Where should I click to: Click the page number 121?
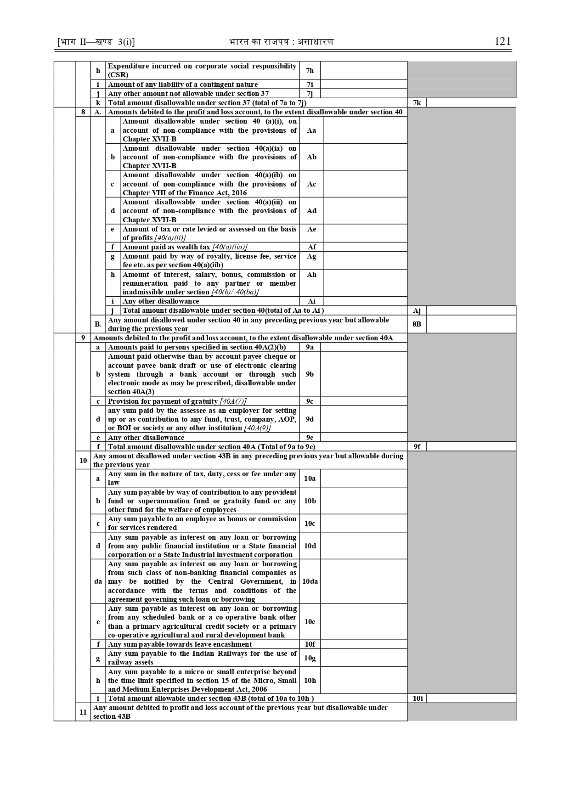point(502,41)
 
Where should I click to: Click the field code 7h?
point(310,70)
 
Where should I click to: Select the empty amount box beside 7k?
point(470,103)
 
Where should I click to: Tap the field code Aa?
point(311,130)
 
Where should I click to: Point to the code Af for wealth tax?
point(311,247)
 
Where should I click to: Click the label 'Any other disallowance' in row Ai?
point(161,301)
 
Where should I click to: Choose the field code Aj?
point(417,310)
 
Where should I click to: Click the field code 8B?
point(417,324)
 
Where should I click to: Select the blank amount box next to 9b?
point(363,374)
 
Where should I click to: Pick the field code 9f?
point(417,446)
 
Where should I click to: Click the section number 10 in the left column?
point(83,460)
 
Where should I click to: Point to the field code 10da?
point(310,581)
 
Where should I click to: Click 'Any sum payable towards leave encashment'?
point(180,644)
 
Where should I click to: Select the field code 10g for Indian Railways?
point(310,658)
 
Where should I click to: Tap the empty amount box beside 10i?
point(470,699)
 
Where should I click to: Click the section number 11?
point(83,712)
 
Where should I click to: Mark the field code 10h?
point(310,680)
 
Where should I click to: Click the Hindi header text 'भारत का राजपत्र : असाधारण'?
point(281,42)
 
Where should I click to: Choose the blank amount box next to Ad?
point(365,211)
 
